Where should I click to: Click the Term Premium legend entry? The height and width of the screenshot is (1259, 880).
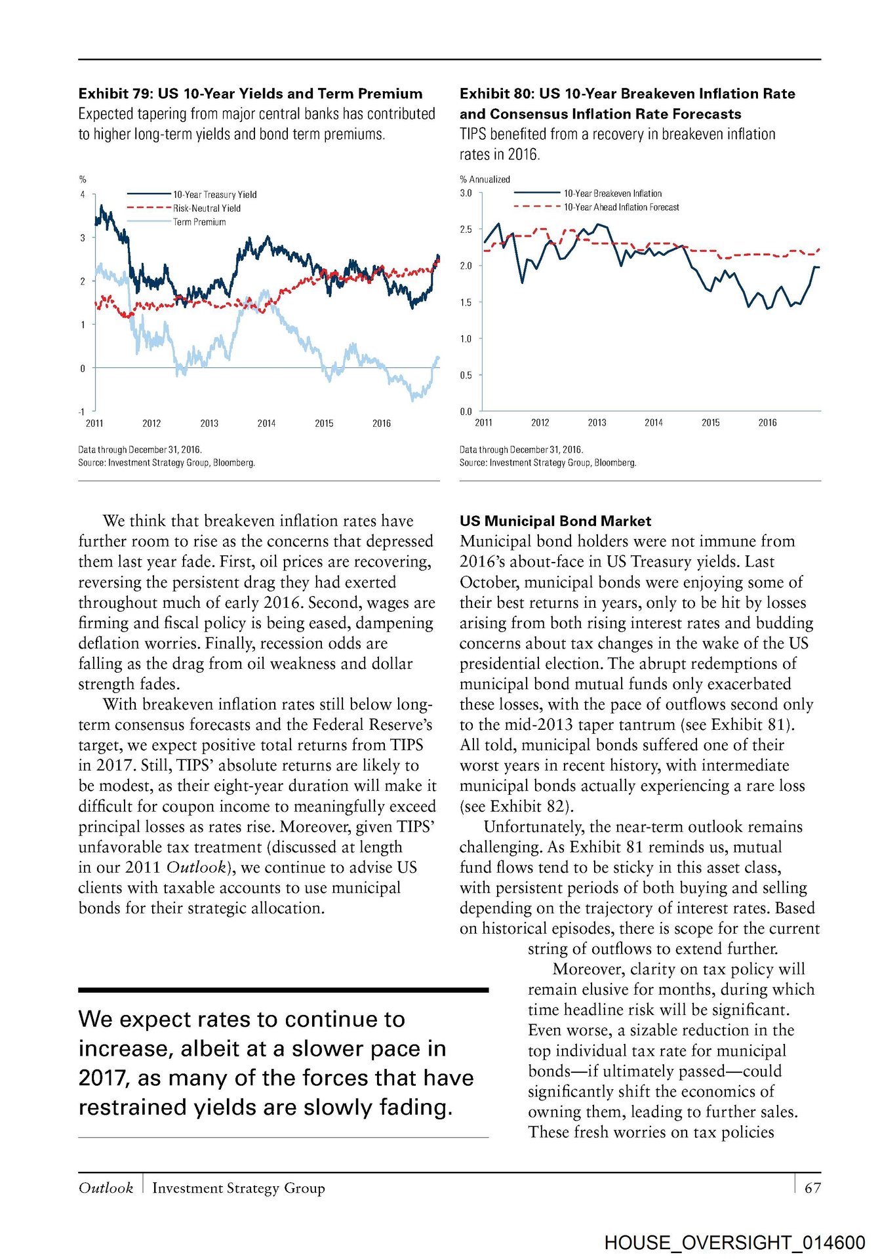(199, 222)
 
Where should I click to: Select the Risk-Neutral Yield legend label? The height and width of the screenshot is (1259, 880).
(207, 209)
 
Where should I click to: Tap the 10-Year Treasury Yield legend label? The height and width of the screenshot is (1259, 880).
(214, 195)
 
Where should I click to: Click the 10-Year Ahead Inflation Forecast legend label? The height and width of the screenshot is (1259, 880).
(621, 207)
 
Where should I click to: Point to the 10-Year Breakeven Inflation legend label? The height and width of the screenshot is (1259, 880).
(612, 193)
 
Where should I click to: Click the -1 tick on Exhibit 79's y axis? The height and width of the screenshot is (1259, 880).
(82, 412)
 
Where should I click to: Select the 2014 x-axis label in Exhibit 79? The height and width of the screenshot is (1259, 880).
(266, 424)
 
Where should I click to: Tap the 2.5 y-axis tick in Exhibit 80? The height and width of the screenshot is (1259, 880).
(466, 230)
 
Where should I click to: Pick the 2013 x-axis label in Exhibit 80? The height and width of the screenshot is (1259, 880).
(597, 423)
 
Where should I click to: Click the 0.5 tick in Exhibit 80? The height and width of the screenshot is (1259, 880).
(466, 376)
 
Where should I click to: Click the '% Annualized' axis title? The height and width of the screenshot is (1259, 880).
(485, 179)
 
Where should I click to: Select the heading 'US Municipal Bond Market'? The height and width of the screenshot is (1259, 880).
(555, 521)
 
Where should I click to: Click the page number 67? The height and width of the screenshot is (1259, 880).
(812, 1188)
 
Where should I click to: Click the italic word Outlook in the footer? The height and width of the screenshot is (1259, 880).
(106, 1188)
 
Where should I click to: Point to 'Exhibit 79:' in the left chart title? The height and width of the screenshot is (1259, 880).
(116, 94)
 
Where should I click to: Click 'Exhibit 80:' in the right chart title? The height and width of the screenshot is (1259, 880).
(497, 94)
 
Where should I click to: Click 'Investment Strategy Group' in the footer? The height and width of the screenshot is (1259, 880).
(238, 1188)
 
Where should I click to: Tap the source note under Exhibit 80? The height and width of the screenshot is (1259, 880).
(548, 463)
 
